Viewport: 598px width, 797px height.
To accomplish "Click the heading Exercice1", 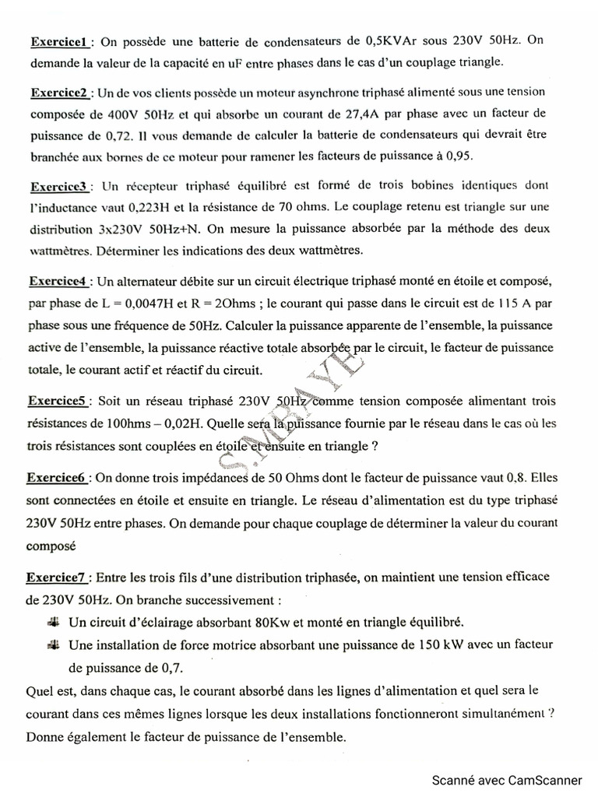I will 61,40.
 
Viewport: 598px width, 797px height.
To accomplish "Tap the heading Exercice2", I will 61,93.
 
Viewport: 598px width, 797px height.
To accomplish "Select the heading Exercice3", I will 61,188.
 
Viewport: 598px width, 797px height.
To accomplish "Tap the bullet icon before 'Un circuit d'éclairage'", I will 53,621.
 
